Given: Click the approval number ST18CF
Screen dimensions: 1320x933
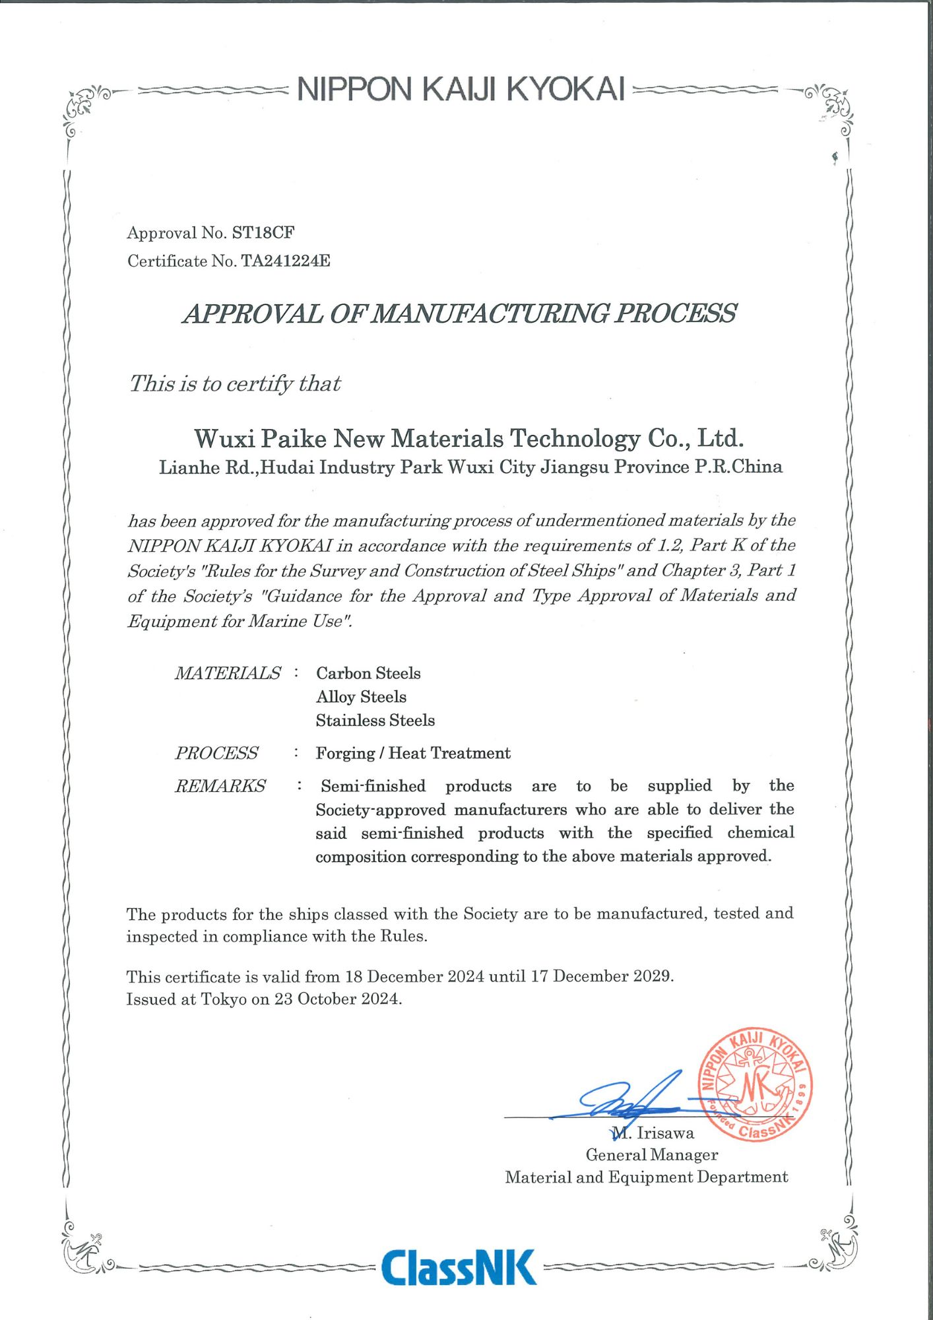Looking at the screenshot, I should (263, 233).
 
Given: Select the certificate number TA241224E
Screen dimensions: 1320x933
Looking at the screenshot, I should (285, 261).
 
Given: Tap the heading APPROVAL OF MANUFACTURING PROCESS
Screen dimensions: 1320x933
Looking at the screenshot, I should (459, 313).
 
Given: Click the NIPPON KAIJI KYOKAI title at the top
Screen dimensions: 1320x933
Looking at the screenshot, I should (461, 89).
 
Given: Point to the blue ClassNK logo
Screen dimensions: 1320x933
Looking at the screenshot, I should (459, 1267).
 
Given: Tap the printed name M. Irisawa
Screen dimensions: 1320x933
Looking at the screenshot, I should (653, 1133).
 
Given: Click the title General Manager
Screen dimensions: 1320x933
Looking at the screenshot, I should (651, 1155).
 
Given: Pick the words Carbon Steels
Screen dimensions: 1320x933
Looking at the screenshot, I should (368, 673).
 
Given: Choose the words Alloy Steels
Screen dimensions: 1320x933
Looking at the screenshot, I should (361, 697).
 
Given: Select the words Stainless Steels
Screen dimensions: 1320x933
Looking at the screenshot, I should (375, 721).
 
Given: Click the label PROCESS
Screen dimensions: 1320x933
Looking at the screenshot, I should (216, 753).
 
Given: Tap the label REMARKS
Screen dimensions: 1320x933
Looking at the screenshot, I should (220, 786).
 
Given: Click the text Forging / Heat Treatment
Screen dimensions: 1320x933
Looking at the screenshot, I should (413, 753).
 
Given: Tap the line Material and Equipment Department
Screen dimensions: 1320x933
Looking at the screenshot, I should (646, 1177).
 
